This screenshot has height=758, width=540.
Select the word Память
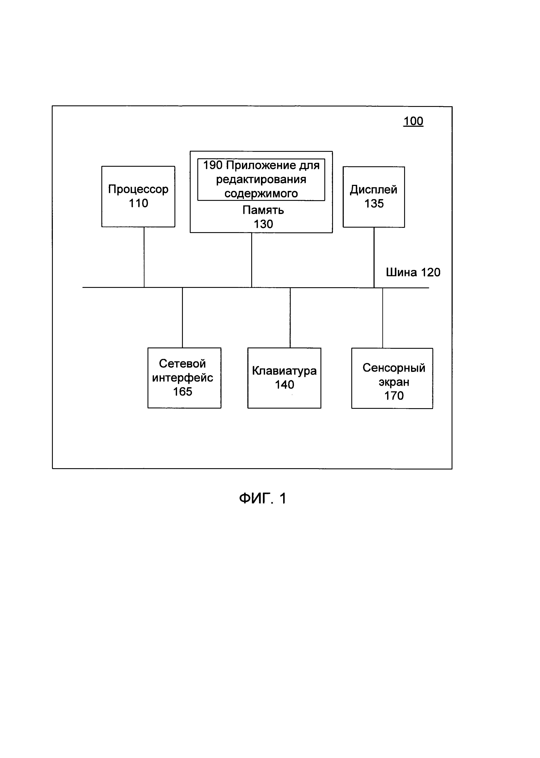click(x=263, y=210)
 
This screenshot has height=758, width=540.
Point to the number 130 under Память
click(x=263, y=224)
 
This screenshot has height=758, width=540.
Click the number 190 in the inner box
click(x=213, y=165)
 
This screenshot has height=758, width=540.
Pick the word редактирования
click(x=261, y=180)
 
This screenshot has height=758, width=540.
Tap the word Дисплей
click(x=374, y=190)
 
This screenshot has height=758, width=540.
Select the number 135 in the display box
click(x=374, y=203)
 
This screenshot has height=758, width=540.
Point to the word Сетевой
click(x=182, y=363)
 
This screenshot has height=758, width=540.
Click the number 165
click(x=182, y=392)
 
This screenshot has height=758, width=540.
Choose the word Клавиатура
click(x=284, y=371)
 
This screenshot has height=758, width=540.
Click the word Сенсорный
click(x=394, y=368)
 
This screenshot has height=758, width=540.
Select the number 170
click(x=394, y=396)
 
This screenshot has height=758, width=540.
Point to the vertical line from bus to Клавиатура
click(x=290, y=318)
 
